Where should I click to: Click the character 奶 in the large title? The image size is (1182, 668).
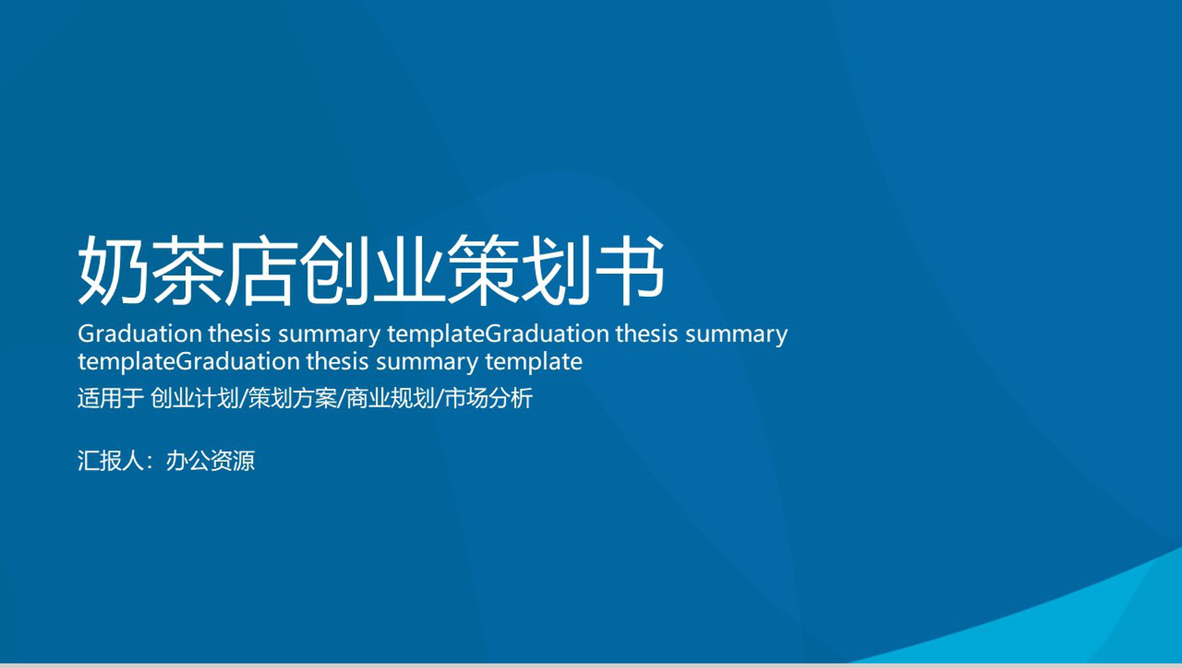113,269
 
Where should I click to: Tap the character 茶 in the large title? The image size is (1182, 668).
187,269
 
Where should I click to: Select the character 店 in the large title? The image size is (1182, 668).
261,269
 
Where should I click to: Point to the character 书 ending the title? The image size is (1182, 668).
630,269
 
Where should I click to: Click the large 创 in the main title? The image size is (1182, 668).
335,269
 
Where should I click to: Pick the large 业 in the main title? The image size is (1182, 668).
409,269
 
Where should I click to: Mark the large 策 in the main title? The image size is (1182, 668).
483,269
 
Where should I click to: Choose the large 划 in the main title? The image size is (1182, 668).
557,269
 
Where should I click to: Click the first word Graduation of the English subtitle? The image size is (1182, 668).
140,334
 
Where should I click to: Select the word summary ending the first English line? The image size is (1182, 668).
737,335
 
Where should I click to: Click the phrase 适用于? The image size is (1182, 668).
110,398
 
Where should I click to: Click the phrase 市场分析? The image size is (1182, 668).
489,398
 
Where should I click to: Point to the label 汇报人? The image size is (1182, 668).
111,460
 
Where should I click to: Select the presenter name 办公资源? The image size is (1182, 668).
210,460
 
